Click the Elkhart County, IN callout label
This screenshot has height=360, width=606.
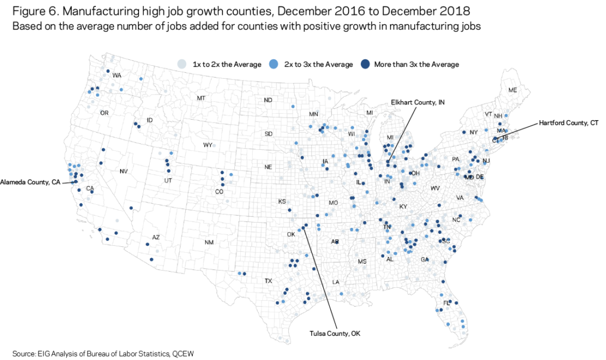pos(417,102)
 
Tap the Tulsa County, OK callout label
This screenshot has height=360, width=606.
pos(334,333)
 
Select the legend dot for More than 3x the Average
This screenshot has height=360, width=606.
pos(366,64)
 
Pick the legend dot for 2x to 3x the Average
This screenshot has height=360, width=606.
pos(273,64)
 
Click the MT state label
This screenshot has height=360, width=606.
pos(201,98)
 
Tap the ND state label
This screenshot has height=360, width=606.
pos(268,100)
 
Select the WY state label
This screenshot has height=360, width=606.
pos(208,145)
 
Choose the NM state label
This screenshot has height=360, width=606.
pos(209,242)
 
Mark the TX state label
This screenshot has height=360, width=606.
pos(268,281)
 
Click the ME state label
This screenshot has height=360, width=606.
pos(512,90)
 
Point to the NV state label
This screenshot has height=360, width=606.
pos(123,172)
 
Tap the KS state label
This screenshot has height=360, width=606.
pos(282,202)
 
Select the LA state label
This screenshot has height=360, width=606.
pos(336,282)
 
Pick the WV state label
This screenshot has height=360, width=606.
pos(435,188)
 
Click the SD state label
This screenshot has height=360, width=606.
pos(269,134)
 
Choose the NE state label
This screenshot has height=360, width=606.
pos(268,167)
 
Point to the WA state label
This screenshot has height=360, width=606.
pos(117,76)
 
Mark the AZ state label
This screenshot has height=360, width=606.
pos(156,237)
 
